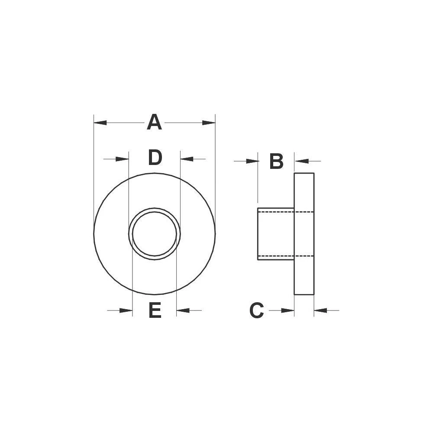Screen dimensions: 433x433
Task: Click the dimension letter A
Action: point(154,123)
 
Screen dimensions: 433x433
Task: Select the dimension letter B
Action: point(276,162)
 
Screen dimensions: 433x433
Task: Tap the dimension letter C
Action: point(256,310)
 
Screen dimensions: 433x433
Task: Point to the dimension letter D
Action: point(155,158)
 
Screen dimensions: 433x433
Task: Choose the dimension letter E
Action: point(155,310)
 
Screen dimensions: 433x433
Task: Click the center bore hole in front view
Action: point(155,234)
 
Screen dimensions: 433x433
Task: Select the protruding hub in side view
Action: point(276,234)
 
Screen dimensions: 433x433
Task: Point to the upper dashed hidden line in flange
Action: point(304,211)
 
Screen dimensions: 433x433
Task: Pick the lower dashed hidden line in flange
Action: point(304,256)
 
